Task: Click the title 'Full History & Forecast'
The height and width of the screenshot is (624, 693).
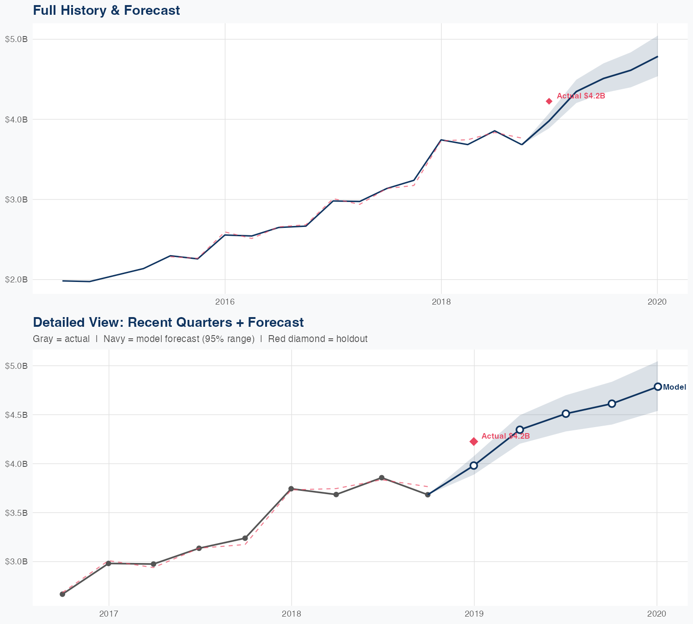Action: pos(106,11)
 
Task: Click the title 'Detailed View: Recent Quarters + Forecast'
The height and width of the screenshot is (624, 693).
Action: pos(168,322)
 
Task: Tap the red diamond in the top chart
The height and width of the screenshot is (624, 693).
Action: pos(549,101)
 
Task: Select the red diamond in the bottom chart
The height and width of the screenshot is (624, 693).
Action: pos(474,441)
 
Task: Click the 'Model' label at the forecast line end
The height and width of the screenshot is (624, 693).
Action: pos(675,387)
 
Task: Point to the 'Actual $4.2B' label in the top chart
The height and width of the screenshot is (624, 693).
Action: pos(581,96)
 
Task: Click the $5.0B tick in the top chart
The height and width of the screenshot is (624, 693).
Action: pos(17,39)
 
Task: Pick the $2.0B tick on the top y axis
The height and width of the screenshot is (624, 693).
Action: pos(17,280)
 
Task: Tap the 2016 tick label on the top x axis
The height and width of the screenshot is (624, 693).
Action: pos(225,302)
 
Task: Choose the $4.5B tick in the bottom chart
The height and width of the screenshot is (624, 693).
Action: pos(17,415)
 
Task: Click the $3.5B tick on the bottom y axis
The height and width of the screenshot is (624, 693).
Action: pos(17,513)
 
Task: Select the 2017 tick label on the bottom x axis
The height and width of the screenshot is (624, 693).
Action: pos(109,614)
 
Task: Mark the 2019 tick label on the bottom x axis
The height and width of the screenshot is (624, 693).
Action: pos(474,614)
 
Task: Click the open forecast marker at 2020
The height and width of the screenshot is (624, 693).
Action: pos(657,387)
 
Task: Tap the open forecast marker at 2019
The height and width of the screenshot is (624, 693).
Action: pos(474,465)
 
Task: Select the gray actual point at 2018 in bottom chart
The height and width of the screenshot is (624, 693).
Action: pos(291,489)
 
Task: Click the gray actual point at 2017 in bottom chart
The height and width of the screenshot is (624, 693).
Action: pos(109,563)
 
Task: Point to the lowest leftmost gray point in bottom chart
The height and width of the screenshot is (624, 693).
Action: pos(62,594)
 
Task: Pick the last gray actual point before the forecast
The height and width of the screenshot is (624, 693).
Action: pos(428,495)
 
